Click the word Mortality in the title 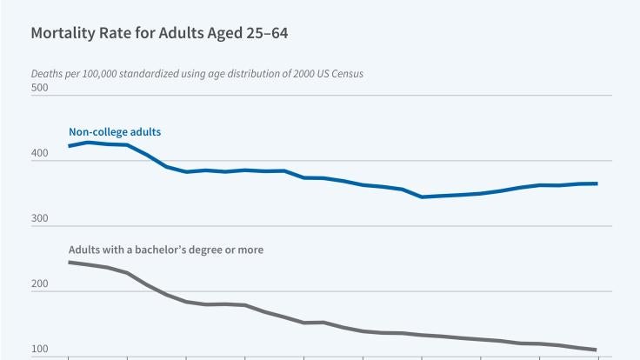(63, 35)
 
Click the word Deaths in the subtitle (47, 74)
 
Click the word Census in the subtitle (344, 74)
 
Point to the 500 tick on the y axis (39, 90)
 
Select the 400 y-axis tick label (39, 155)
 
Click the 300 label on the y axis (39, 220)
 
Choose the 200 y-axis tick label (39, 285)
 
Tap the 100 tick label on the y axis (39, 350)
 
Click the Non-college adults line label (115, 132)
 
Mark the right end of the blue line (597, 183)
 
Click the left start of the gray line (69, 262)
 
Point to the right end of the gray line (597, 350)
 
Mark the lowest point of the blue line (423, 197)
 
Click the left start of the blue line (69, 146)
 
